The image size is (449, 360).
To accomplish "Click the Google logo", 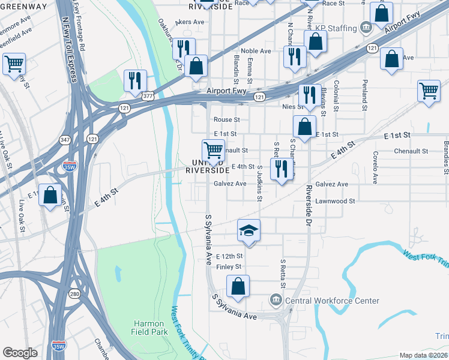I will pyautogui.click(x=20, y=352).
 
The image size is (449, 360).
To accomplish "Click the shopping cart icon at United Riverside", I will pyautogui.click(x=213, y=149).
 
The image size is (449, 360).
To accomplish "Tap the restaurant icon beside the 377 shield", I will pyautogui.click(x=135, y=80).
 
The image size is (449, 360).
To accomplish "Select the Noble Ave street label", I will pyautogui.click(x=253, y=51).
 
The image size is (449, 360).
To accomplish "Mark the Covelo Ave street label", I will pyautogui.click(x=375, y=167).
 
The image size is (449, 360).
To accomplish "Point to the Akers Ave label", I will pyautogui.click(x=190, y=22).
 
